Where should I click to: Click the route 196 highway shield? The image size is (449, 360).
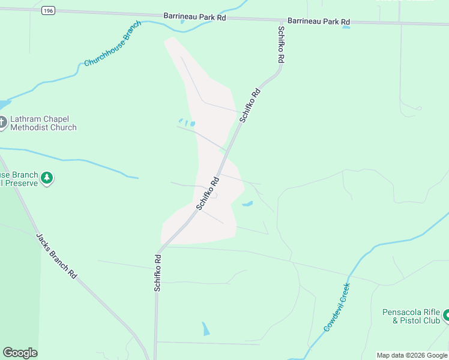pos(49,11)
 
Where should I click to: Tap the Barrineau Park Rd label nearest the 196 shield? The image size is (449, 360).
pos(194,17)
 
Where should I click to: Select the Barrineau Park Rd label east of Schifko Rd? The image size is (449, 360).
pos(318,22)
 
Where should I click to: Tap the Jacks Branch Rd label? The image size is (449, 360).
pos(56,256)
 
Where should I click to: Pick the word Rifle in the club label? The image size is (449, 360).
pos(430,312)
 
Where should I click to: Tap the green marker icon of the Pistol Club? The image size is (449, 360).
pos(445,316)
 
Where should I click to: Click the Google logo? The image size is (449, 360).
pos(20,353)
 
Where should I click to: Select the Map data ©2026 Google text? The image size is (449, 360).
pos(412,355)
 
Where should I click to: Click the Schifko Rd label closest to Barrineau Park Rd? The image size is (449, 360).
pos(280,44)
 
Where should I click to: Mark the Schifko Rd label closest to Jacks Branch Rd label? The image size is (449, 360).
pos(157,274)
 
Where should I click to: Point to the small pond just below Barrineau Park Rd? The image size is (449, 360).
pos(346,27)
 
